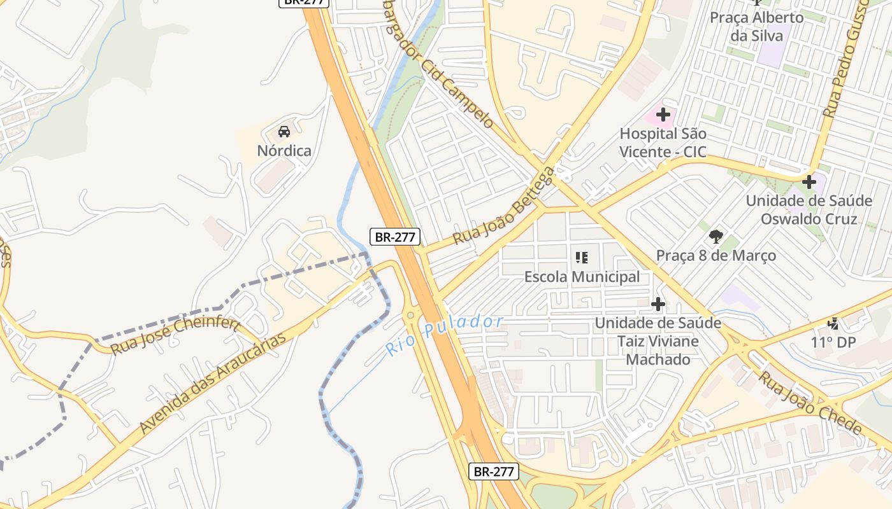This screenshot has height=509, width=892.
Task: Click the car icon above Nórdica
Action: click(284, 132)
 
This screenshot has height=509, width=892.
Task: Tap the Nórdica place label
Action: click(284, 151)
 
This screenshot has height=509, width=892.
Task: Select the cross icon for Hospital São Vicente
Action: click(663, 115)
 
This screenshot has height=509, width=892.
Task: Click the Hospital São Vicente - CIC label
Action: click(663, 143)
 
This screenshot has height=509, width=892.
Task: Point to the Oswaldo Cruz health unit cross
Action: click(809, 182)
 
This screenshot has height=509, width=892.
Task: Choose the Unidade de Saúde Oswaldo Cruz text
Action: click(809, 209)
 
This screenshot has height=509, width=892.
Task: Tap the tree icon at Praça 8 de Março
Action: click(716, 237)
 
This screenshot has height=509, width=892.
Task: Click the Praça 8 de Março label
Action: click(716, 256)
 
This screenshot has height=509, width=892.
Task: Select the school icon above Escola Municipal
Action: click(582, 258)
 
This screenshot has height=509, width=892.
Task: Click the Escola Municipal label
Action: click(582, 277)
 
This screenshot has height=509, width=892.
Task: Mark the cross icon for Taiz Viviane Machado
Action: click(658, 304)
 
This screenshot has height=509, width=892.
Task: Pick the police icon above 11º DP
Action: click(833, 323)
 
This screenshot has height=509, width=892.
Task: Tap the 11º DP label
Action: click(833, 342)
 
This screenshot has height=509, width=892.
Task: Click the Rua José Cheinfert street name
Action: click(174, 336)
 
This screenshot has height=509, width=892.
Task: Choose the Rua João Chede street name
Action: click(810, 402)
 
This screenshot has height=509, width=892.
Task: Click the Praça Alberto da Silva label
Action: click(757, 26)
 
